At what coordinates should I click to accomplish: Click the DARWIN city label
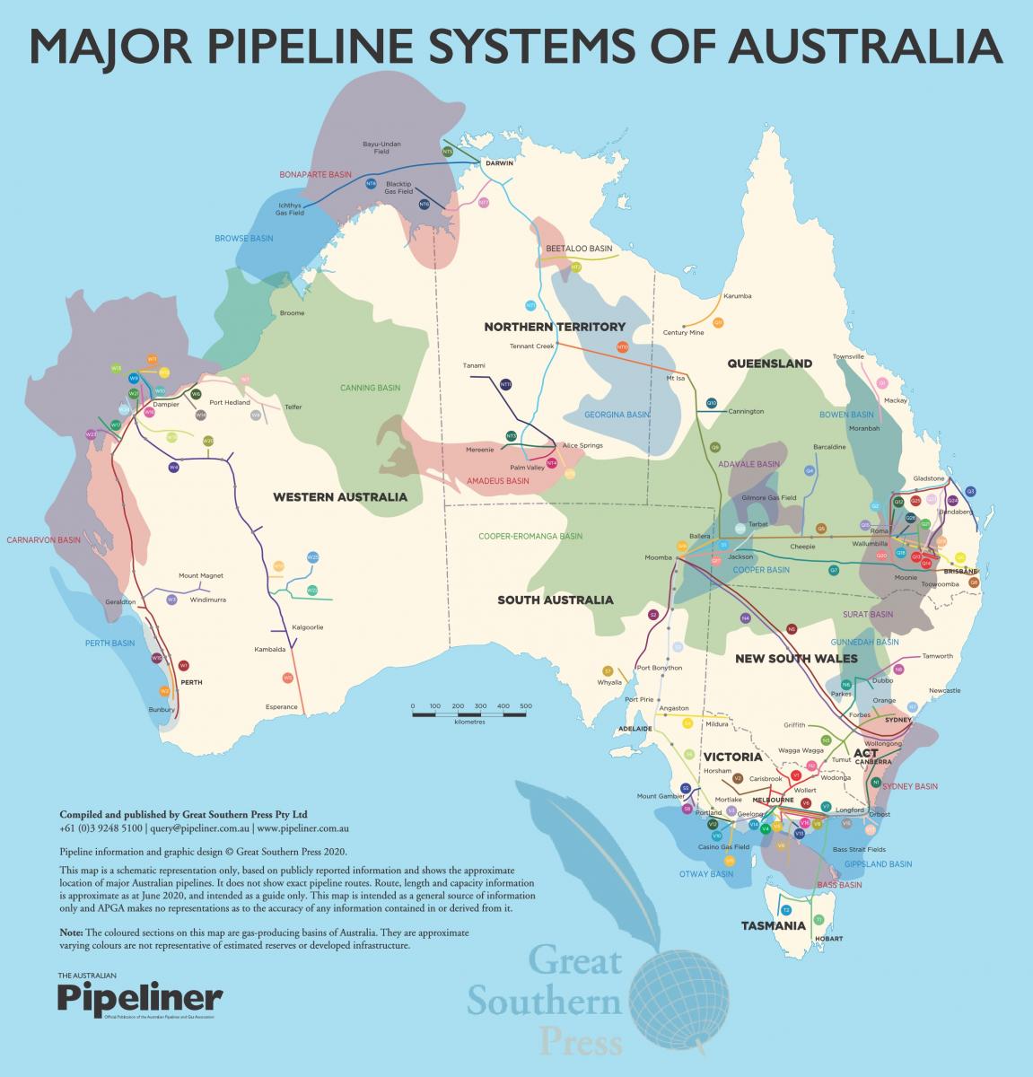499,164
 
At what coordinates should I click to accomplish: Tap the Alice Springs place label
582,445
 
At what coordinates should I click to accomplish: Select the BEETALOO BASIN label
579,248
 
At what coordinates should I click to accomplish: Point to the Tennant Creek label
532,346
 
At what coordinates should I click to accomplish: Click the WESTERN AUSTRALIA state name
340,496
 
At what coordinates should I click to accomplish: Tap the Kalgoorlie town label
308,626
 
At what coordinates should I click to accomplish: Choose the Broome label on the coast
293,313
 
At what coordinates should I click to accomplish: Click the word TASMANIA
773,924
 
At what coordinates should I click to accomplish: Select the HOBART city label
829,938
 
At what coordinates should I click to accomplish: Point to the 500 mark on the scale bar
526,705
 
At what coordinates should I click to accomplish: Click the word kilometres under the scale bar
469,722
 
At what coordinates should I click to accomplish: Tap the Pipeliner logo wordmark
140,997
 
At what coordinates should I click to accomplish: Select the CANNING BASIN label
370,388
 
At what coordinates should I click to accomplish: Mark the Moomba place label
658,557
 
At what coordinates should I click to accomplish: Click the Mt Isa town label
675,378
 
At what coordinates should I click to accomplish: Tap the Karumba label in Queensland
737,296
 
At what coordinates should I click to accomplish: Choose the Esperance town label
281,707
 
